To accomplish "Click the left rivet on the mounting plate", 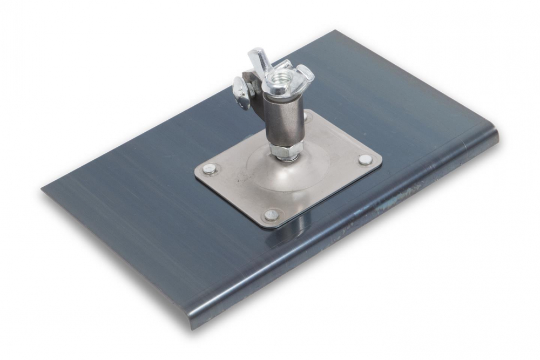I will point(210,169).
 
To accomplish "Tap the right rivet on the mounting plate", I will point(365,159).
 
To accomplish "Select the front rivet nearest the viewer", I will point(271,215).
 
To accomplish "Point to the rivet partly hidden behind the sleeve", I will point(307,116).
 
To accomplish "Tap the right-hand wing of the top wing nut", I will point(305,74).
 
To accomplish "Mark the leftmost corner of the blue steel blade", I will point(43,189).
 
